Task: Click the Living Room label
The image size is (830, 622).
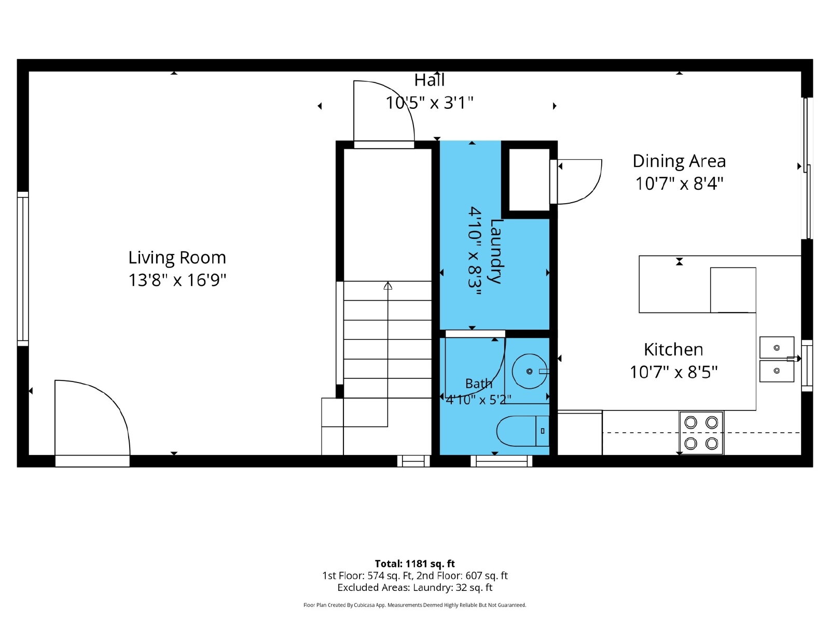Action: tap(177, 258)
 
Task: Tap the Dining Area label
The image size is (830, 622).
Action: tap(679, 162)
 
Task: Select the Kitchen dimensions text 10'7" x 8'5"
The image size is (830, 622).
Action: tap(673, 372)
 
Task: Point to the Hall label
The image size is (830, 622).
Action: tap(429, 80)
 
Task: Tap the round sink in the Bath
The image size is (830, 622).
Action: tap(530, 371)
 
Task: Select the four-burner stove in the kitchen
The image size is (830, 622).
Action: tap(701, 433)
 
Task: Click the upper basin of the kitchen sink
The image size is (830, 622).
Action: tap(777, 347)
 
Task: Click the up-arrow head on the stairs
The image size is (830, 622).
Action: tap(388, 286)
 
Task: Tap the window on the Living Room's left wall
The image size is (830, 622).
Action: tap(23, 269)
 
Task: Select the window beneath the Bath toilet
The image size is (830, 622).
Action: tap(501, 461)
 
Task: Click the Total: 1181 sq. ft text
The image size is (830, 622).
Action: tap(414, 564)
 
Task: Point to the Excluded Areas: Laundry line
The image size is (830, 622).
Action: tap(414, 588)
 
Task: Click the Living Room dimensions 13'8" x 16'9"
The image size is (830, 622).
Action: tap(177, 280)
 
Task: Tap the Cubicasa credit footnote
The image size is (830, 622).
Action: tap(414, 605)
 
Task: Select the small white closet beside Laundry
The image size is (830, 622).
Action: tap(529, 180)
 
